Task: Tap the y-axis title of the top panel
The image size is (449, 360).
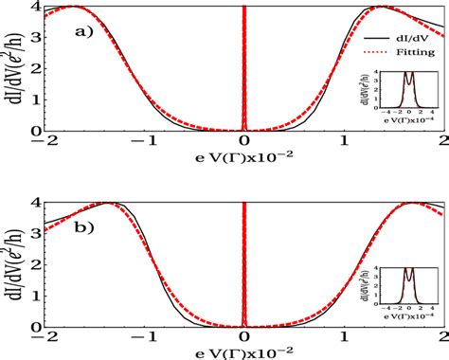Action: coord(14,68)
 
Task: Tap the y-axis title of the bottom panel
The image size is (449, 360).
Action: coord(14,263)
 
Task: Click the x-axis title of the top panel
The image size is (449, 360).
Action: coord(244,157)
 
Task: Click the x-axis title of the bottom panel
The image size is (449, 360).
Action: coord(244,352)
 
